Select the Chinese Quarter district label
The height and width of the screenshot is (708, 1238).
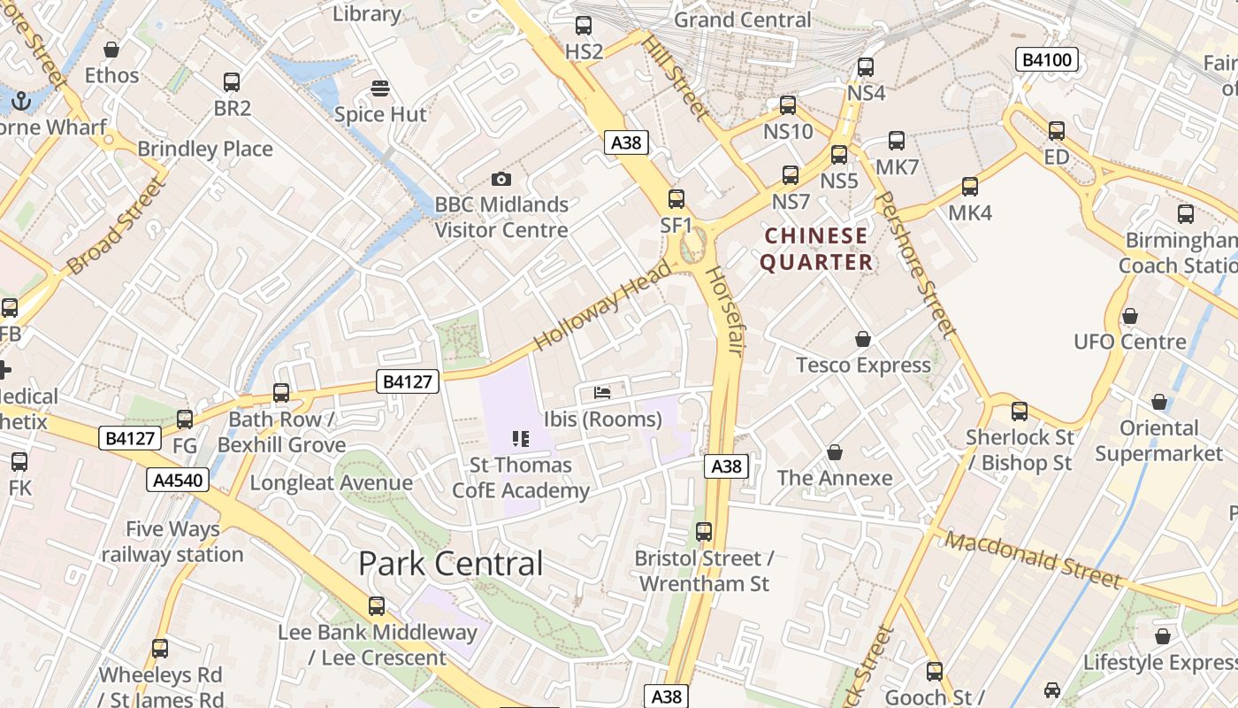(816, 250)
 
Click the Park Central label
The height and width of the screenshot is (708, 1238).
(450, 564)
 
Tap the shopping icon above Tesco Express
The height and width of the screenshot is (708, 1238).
(863, 339)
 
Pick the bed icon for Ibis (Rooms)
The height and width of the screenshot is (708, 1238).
(602, 392)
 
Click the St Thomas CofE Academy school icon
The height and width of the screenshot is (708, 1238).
(520, 438)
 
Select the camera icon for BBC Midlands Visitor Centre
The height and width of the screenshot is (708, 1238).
(501, 179)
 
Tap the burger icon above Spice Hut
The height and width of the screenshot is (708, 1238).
(380, 88)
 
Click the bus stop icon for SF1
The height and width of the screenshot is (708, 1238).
(676, 199)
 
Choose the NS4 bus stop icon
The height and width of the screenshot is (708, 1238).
(866, 67)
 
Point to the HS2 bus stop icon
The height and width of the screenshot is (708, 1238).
(584, 26)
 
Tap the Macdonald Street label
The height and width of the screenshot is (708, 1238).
(1032, 559)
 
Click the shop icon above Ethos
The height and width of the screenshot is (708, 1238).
(111, 50)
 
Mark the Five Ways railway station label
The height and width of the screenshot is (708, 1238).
(172, 542)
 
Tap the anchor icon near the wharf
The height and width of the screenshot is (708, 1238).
(20, 101)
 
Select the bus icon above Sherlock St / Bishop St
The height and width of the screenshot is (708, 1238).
(1020, 412)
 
